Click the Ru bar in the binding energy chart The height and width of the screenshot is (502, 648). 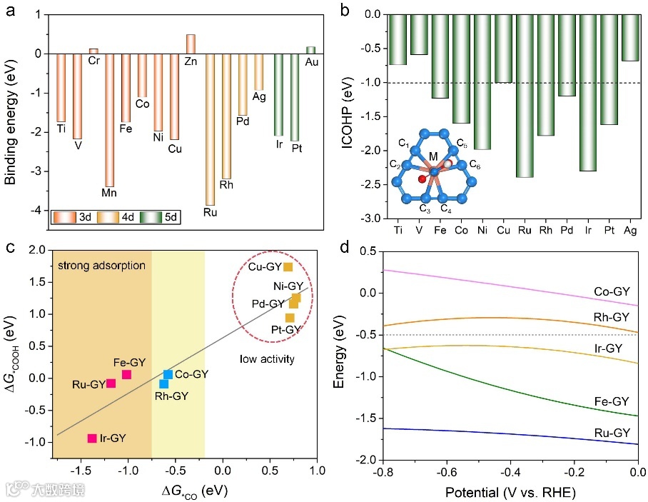tap(210, 129)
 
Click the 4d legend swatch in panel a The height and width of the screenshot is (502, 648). tap(111, 215)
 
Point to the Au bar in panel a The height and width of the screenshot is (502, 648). tap(310, 50)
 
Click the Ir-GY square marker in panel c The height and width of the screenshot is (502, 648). tap(92, 438)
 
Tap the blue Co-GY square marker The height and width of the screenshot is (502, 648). tap(168, 374)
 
